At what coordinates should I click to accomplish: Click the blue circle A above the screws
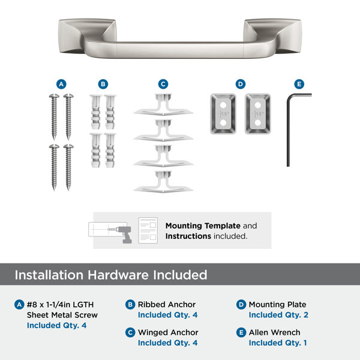(x=61, y=84)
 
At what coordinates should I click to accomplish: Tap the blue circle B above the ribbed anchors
(x=103, y=84)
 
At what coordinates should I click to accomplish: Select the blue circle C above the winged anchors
(x=163, y=84)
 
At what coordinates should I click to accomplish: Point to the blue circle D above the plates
(x=241, y=84)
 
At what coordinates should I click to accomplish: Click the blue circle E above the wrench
(x=299, y=84)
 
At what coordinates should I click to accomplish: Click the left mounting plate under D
(x=223, y=113)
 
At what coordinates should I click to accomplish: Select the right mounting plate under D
(x=258, y=113)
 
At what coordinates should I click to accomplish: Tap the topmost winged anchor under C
(x=163, y=104)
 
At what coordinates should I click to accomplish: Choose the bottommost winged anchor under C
(x=163, y=182)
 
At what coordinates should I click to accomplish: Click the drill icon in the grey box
(x=124, y=234)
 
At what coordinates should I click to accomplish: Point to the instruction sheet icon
(x=148, y=230)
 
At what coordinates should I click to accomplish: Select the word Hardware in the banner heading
(x=118, y=275)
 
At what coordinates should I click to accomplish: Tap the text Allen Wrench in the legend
(x=275, y=332)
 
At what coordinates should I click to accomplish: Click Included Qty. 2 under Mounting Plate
(x=278, y=315)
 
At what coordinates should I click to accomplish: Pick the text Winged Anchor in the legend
(x=168, y=332)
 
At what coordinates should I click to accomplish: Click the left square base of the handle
(x=87, y=35)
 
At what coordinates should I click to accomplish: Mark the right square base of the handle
(x=273, y=35)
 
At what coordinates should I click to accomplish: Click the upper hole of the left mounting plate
(x=223, y=106)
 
